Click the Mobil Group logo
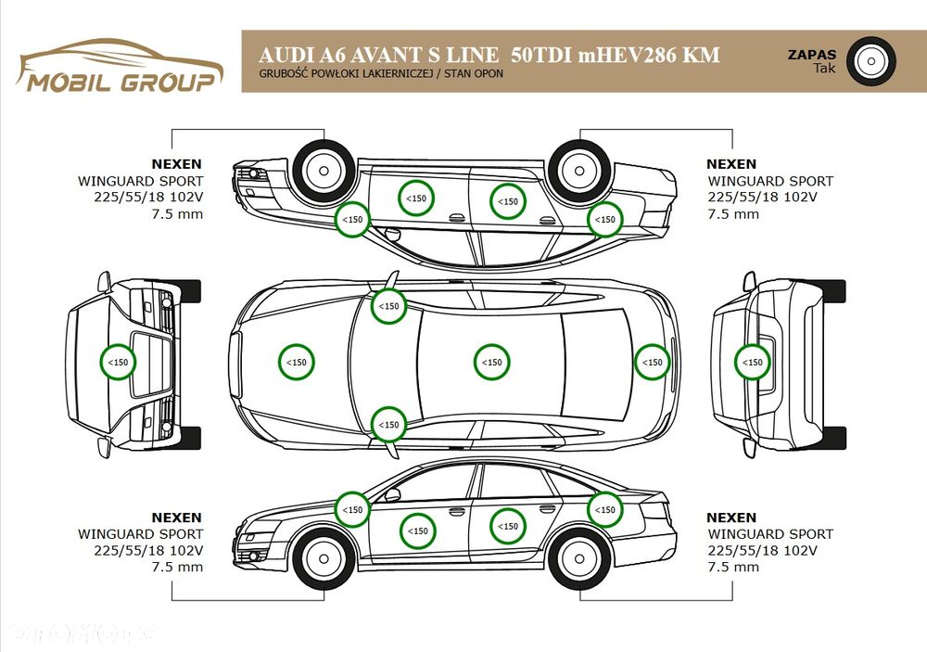(x=121, y=66)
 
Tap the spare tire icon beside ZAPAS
(x=870, y=61)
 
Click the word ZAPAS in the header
(x=812, y=55)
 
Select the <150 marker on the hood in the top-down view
(x=297, y=362)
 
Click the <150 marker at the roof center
(x=492, y=362)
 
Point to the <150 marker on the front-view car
(x=119, y=362)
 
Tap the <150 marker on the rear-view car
(x=752, y=362)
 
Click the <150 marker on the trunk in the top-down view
(x=652, y=362)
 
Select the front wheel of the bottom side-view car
(x=324, y=558)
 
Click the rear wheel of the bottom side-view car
(x=579, y=558)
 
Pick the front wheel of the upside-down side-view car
(x=324, y=171)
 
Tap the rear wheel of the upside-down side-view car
(x=579, y=171)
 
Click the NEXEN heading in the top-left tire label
(x=176, y=164)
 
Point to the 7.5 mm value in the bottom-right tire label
(x=733, y=567)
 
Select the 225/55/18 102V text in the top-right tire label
(x=762, y=197)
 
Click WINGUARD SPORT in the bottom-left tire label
(x=140, y=533)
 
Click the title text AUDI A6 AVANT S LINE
(x=378, y=55)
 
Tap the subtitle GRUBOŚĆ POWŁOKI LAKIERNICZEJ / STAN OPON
(x=381, y=74)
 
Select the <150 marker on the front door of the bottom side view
(x=418, y=531)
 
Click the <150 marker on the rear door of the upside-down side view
(x=508, y=201)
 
